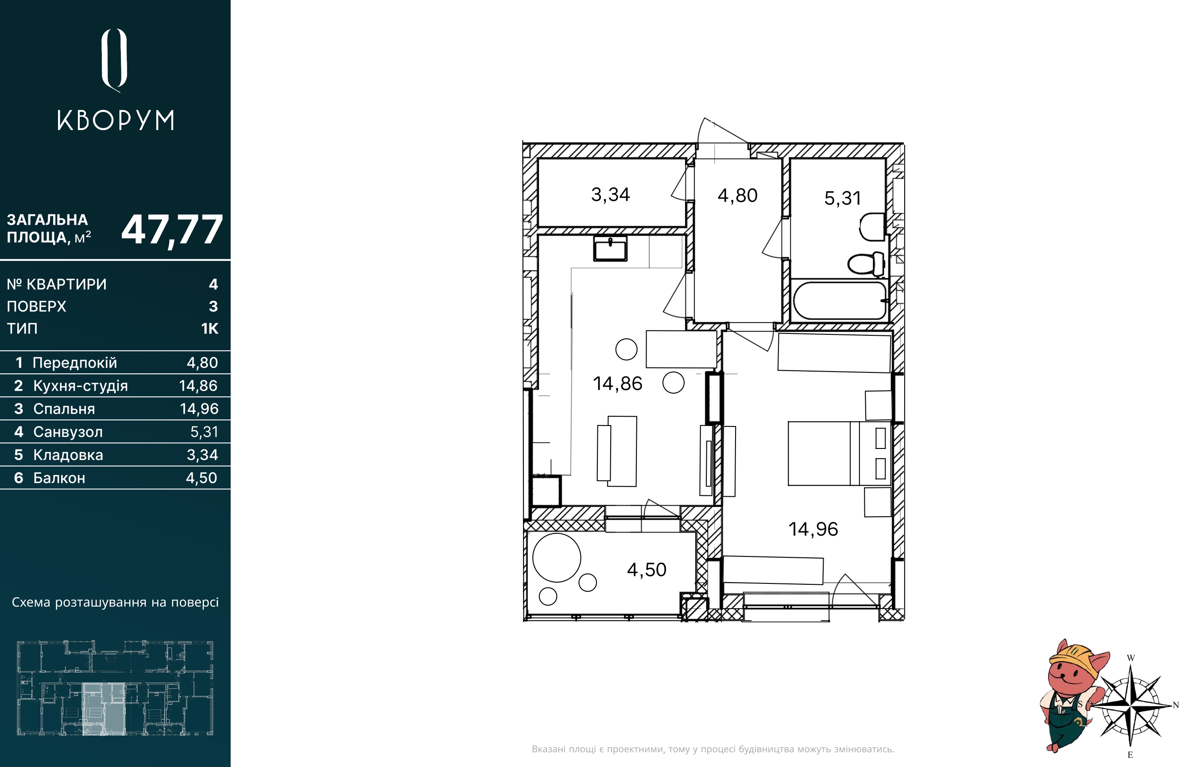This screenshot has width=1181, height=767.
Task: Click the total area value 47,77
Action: coord(172,230)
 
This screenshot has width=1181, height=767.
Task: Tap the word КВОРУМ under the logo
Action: coord(116,120)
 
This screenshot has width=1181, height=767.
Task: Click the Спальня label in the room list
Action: coord(64,409)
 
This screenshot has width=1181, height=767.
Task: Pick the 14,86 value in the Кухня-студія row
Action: coord(198,385)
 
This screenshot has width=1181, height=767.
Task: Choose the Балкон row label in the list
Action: coord(59,478)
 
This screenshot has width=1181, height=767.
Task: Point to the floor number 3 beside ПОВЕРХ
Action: coord(213,307)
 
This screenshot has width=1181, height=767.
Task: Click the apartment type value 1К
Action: coord(209,328)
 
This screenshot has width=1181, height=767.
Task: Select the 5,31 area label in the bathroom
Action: coord(843,198)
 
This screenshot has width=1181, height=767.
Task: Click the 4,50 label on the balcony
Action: coord(647,570)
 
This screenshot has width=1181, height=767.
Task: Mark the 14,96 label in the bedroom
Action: coord(813,529)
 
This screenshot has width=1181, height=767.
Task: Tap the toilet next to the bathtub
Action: coord(866,264)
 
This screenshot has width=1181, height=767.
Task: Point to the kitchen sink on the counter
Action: coord(610,249)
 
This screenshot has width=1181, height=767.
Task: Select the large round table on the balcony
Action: coord(557,557)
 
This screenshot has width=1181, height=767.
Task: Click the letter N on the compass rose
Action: coord(1176,705)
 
